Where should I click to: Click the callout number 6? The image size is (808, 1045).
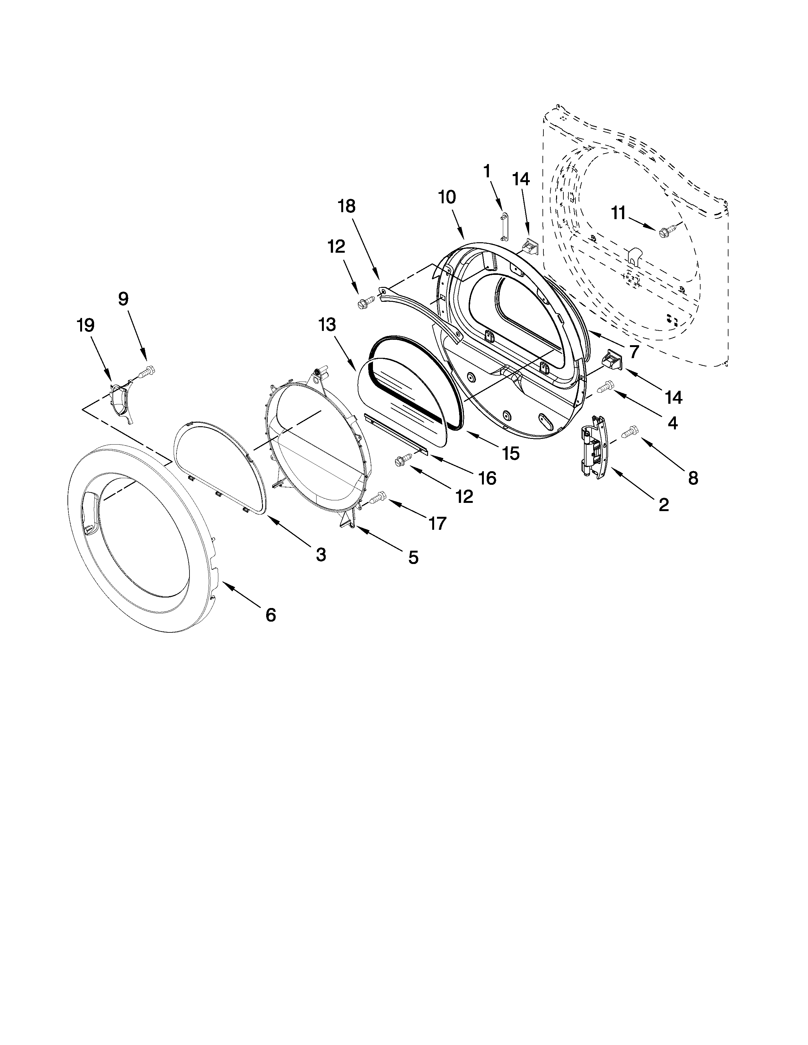click(271, 615)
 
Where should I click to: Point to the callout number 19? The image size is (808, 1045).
click(86, 326)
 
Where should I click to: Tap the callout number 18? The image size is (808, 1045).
click(347, 207)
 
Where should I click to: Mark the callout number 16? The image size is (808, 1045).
click(488, 478)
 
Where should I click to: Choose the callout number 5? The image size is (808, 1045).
click(413, 557)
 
